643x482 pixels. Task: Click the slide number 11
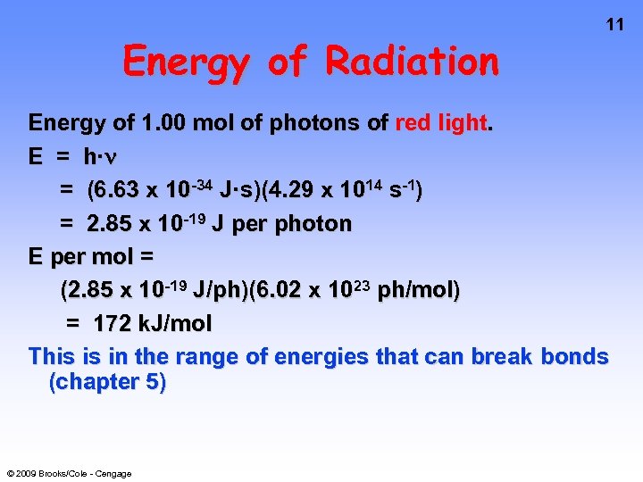point(615,25)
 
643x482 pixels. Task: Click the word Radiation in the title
point(412,62)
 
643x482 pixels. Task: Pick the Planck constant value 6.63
point(113,190)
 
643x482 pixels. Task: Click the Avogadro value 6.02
point(263,290)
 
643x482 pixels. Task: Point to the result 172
point(113,323)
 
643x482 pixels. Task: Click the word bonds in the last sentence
point(571,357)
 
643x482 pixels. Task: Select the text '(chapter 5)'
point(108,382)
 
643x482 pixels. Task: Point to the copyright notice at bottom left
point(69,473)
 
